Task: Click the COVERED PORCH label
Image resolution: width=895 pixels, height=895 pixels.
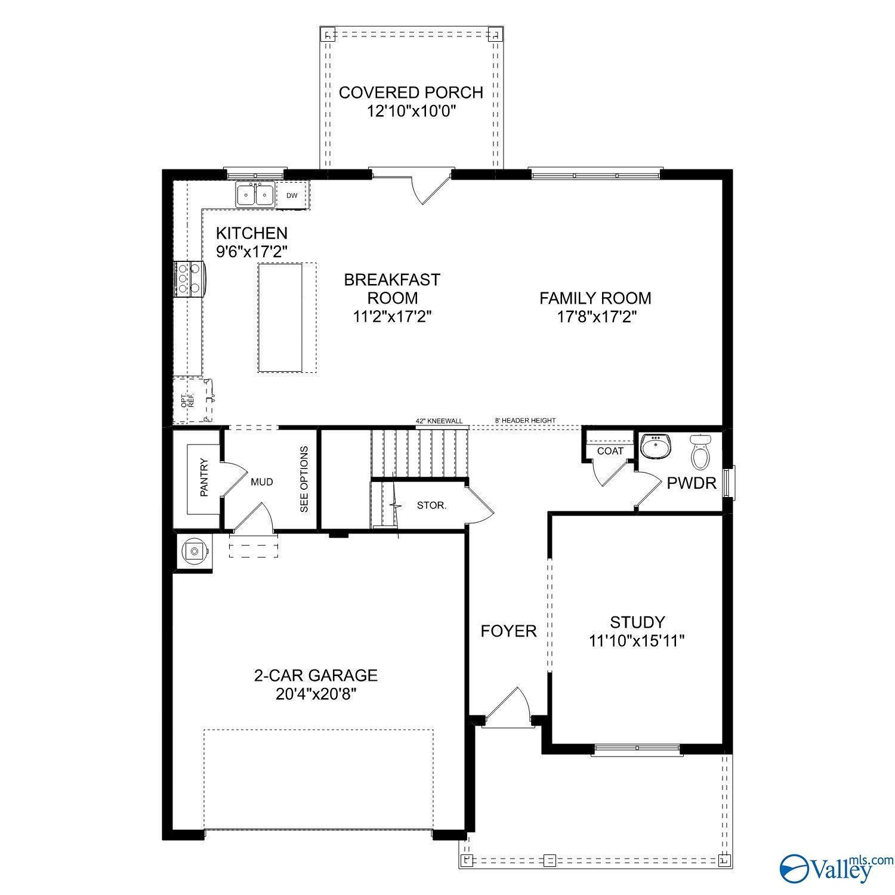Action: coord(411,92)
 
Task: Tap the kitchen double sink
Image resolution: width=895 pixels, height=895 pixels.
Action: coord(255,195)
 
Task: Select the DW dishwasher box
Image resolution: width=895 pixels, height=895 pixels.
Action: coord(292,196)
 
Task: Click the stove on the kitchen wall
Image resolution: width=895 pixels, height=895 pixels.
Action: coord(189,279)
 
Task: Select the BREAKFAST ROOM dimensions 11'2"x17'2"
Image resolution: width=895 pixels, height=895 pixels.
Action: coord(392,316)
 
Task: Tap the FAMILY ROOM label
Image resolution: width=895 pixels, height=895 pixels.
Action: coord(595,298)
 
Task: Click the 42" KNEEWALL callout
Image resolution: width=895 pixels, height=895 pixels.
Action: coord(439,421)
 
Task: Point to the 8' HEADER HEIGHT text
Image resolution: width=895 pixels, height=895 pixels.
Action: coord(525,421)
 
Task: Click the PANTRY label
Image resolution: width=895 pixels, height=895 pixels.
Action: coord(204,477)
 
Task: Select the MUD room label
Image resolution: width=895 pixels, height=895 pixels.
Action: coord(261,482)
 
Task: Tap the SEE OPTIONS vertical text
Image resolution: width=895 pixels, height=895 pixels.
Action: coord(304,479)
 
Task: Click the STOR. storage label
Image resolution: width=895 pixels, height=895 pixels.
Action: coord(431,505)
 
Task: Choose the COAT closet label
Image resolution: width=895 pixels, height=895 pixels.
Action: coord(610,451)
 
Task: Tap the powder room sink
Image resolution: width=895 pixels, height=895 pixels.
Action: coord(656,446)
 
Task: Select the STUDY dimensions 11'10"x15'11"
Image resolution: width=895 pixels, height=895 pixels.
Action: coord(636,641)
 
